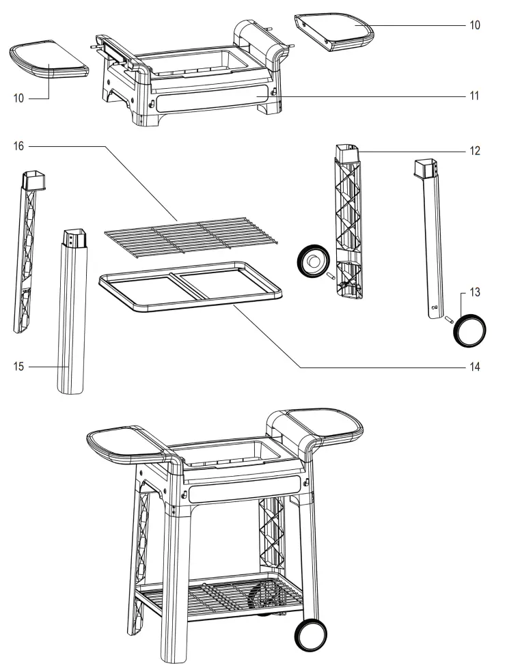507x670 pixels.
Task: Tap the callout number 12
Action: pos(474,151)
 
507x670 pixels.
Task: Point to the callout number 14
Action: pos(474,367)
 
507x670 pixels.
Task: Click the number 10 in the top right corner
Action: pos(474,25)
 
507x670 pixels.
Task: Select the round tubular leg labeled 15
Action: pos(73,314)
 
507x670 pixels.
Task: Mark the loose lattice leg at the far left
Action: pos(27,253)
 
